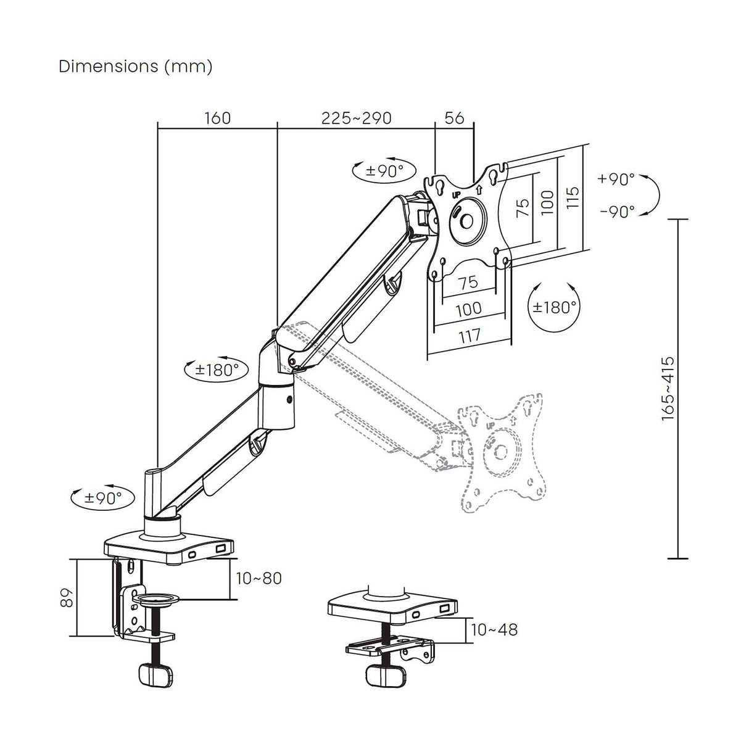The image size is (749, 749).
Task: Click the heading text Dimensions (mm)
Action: tap(135, 67)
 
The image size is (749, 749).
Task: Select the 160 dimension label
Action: tap(217, 117)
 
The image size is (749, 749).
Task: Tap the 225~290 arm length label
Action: tap(356, 117)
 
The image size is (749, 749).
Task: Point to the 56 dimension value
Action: tap(454, 117)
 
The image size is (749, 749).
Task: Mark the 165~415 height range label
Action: tap(668, 389)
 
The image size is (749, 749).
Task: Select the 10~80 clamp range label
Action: tap(259, 578)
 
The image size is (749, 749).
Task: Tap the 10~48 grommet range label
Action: tap(494, 629)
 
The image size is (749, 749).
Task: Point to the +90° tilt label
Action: tap(616, 180)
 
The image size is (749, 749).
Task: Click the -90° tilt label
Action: tap(617, 212)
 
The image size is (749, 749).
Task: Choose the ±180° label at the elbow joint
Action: tap(217, 370)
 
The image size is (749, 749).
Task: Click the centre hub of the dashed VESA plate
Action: tap(501, 452)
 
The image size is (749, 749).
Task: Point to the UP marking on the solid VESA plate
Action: tap(456, 194)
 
